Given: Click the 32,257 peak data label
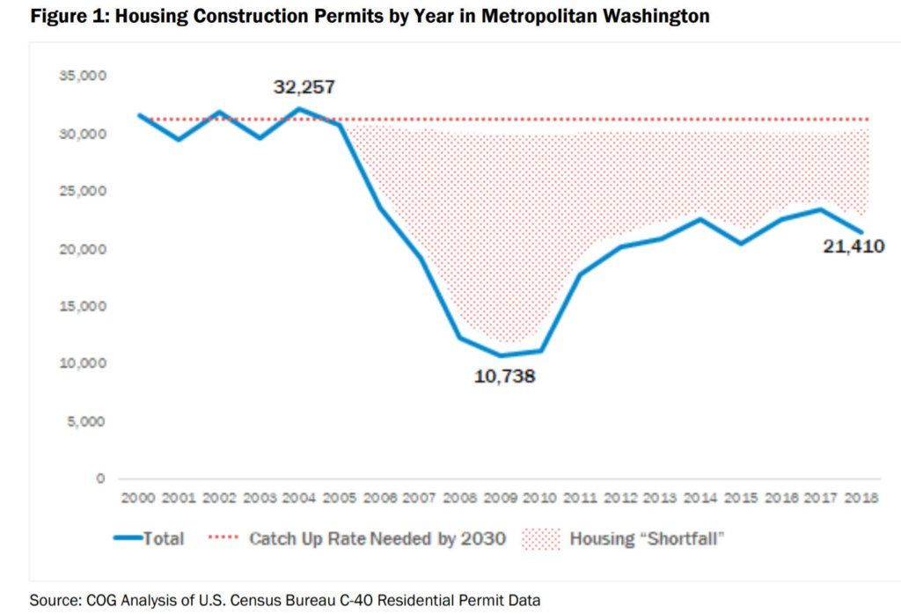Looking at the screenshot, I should tap(303, 87).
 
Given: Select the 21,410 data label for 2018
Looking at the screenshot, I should tap(853, 247).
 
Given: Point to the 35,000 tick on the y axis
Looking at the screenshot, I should tap(83, 77).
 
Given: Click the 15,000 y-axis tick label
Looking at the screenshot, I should tap(83, 306).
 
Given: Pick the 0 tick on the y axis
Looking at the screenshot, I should tap(100, 479).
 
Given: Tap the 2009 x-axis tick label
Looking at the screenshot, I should tap(500, 498).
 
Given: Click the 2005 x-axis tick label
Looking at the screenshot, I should tap(338, 498).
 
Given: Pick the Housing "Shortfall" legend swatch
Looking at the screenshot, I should tap(541, 538).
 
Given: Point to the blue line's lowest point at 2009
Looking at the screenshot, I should tap(500, 355).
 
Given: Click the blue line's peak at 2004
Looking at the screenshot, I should tap(299, 109).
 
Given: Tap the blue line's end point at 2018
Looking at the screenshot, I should tap(862, 233).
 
